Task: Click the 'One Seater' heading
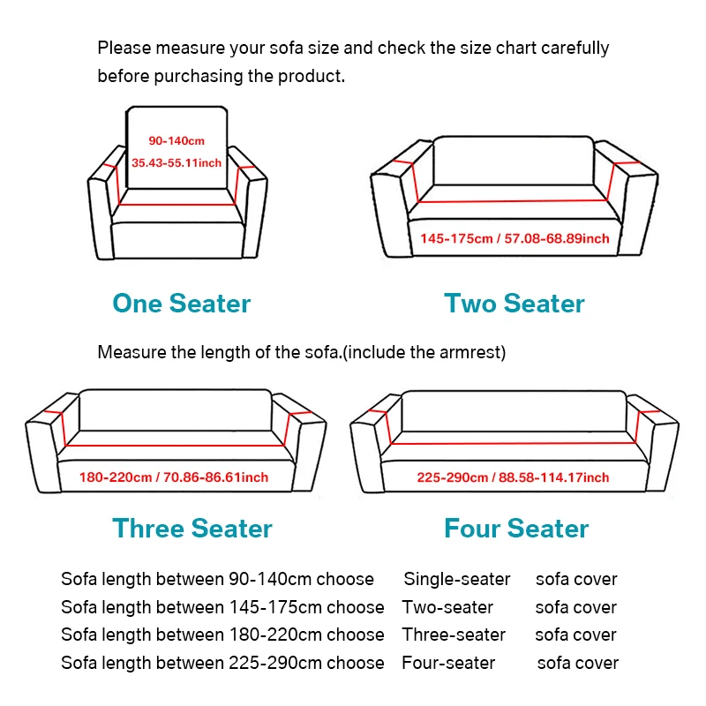point(181,304)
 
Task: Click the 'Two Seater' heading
point(514,304)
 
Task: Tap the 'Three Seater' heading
point(192,529)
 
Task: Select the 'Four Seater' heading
point(516,529)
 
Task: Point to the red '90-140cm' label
point(176,141)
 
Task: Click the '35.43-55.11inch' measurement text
point(176,162)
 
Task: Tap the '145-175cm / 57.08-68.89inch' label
point(514,238)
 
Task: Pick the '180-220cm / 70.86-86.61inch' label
point(174,477)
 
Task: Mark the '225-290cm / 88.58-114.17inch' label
point(513,477)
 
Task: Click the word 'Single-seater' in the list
point(457,580)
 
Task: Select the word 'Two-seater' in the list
point(447,607)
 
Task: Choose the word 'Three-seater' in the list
point(454,635)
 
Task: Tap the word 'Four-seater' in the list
point(448,663)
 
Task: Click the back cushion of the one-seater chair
point(176,124)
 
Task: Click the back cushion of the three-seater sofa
point(176,409)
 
